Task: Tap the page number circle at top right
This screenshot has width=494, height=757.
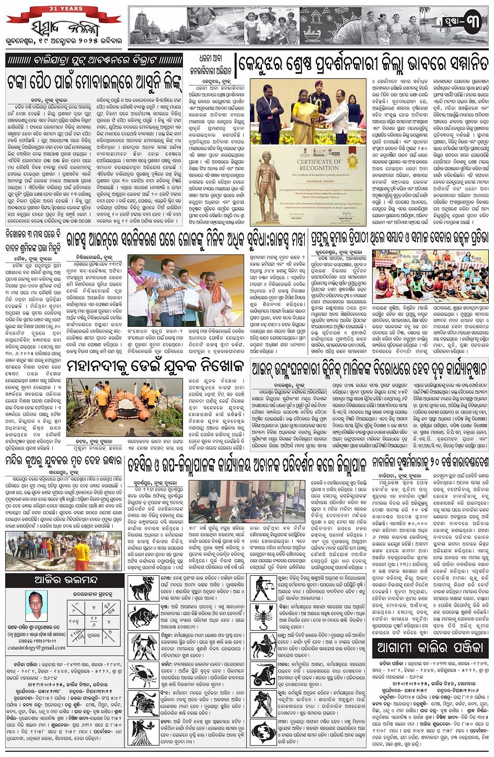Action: click(472, 24)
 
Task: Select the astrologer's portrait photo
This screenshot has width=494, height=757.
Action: click(36, 606)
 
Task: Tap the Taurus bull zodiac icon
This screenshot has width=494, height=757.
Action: click(142, 617)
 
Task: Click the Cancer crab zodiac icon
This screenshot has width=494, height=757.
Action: click(142, 673)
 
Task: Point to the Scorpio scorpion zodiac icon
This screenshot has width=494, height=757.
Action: click(263, 617)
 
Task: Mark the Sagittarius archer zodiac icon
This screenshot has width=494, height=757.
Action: click(263, 645)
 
